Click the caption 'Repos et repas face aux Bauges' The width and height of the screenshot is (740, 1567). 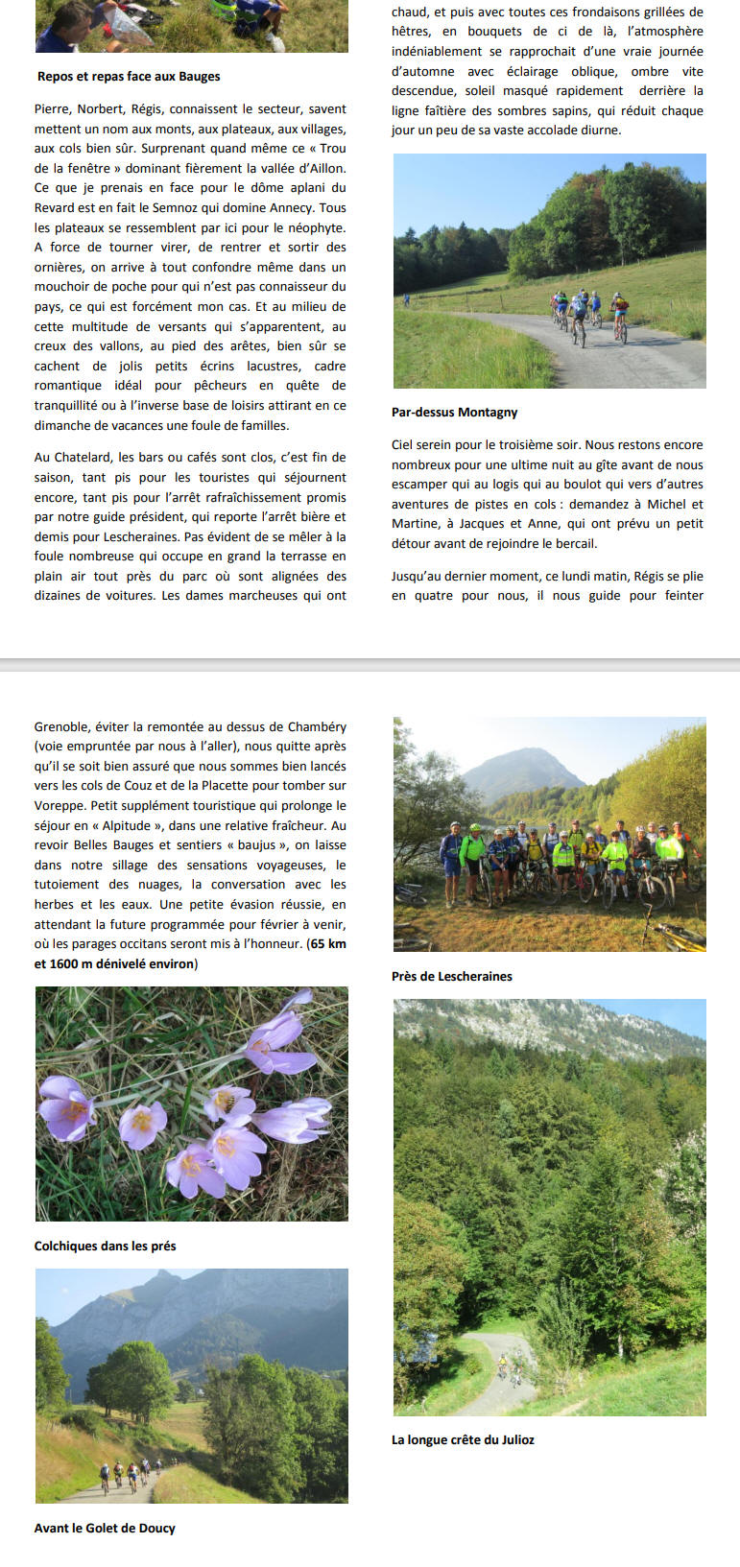(x=129, y=77)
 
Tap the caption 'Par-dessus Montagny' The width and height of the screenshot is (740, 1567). (x=454, y=413)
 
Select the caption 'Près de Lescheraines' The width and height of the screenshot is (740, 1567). (x=451, y=977)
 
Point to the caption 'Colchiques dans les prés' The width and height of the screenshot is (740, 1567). (x=105, y=1246)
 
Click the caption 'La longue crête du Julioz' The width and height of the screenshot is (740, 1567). (x=463, y=1440)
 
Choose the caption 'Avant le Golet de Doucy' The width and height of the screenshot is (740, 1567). (x=105, y=1529)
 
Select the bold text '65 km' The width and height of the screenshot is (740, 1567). (x=327, y=944)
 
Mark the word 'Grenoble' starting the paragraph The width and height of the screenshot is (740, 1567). (x=63, y=727)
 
